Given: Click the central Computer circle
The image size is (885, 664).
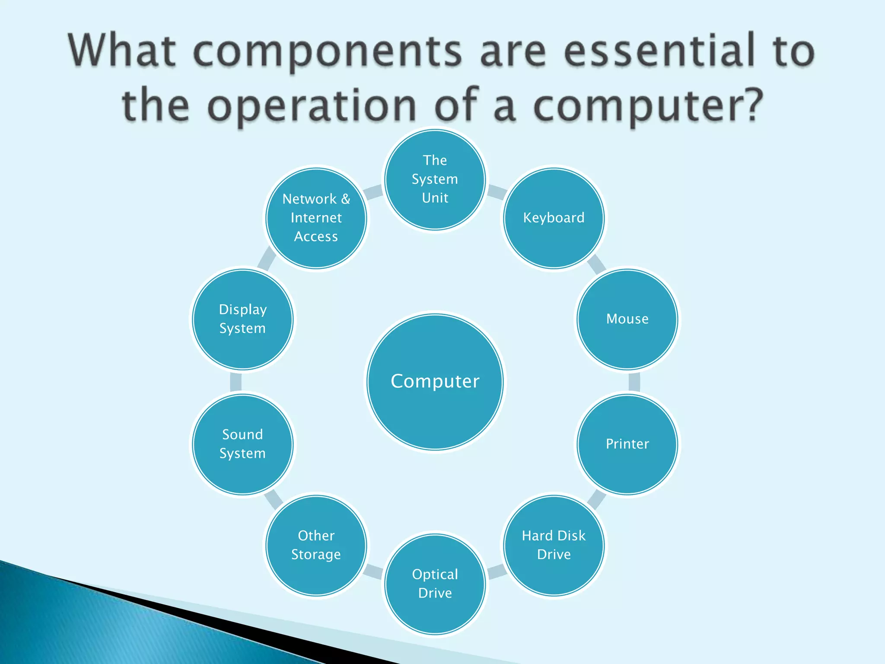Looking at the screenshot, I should (435, 382).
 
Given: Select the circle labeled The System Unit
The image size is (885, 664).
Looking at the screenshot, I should (435, 179).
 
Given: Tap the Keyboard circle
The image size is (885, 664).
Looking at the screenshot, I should (554, 218).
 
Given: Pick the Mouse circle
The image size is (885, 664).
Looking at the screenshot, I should (627, 319).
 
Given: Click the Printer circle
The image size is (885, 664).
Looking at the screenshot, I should (627, 444).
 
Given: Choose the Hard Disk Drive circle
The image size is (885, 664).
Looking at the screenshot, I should (554, 546).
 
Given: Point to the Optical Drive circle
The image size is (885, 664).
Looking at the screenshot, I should (435, 584).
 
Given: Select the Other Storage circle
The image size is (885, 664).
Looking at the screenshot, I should (316, 546).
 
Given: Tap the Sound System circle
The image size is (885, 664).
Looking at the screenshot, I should (243, 444).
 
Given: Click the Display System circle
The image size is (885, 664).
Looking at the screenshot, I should (243, 319).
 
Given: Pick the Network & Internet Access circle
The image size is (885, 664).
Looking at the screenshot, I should (316, 218).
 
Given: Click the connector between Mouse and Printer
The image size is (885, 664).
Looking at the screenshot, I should (634, 382).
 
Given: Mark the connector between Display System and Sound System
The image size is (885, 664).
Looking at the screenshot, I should (236, 382).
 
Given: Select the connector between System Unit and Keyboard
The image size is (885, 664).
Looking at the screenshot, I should (497, 192).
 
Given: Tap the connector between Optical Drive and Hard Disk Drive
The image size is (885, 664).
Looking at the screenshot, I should (497, 571).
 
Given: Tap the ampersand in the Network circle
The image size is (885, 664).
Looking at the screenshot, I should (346, 199).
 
